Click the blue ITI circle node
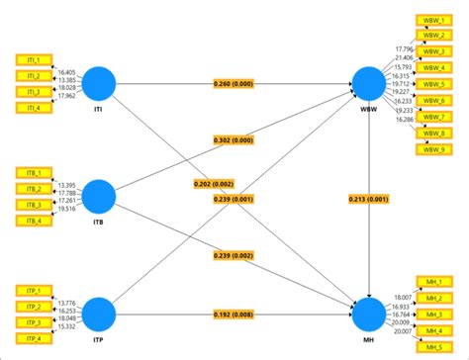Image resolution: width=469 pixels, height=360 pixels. pos(99,83)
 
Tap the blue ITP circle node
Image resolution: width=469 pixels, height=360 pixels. pos(99,313)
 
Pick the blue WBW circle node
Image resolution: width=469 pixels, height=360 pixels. pos(368,83)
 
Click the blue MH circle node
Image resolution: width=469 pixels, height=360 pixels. pos(368,313)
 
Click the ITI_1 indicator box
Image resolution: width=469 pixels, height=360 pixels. pos(33,59)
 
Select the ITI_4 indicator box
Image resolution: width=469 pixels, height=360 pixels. pos(33,108)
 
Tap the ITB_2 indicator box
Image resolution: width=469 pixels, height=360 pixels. pos(33,189)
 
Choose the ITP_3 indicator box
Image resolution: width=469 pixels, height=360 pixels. pos(33,321)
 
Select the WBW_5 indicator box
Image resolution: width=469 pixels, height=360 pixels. pos(432,84)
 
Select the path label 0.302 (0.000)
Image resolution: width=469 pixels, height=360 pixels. pos(233,140)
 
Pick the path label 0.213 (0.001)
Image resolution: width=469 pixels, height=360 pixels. pos(368,199)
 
